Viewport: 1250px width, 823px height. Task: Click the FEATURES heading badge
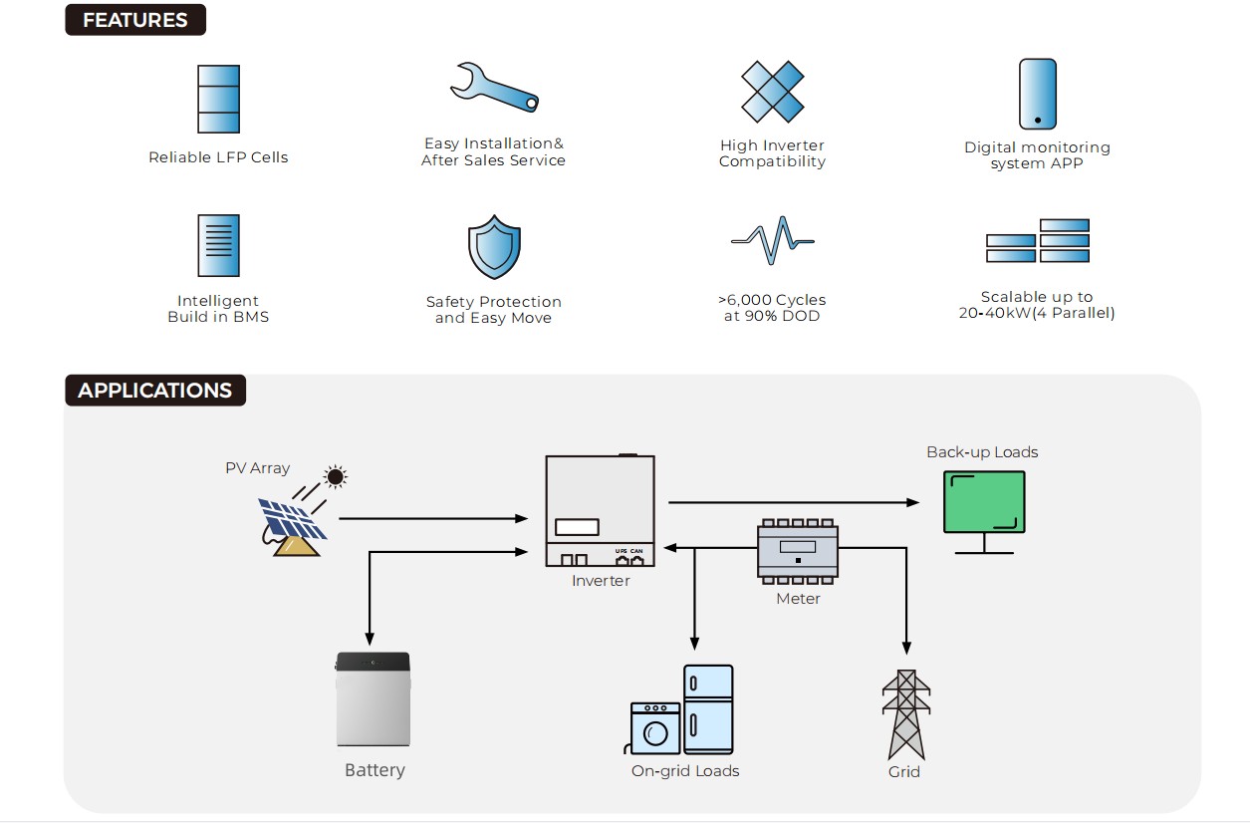pyautogui.click(x=135, y=20)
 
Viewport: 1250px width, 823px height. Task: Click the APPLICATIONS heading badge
pyautogui.click(x=154, y=391)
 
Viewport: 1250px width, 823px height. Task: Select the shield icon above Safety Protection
pyautogui.click(x=494, y=246)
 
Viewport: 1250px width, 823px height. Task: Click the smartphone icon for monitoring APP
pyautogui.click(x=1037, y=94)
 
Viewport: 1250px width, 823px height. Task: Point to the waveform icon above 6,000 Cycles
pyautogui.click(x=772, y=240)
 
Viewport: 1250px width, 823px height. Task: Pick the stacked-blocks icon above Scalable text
pyautogui.click(x=1038, y=241)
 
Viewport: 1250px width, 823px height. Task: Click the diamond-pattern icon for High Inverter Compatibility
pyautogui.click(x=772, y=92)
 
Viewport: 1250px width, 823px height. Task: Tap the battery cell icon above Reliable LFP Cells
pyautogui.click(x=218, y=99)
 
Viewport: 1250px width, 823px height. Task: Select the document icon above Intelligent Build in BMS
pyautogui.click(x=218, y=245)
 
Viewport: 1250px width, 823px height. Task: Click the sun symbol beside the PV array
pyautogui.click(x=336, y=477)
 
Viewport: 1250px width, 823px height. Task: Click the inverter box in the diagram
pyautogui.click(x=600, y=511)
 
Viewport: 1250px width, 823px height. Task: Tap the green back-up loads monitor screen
pyautogui.click(x=984, y=504)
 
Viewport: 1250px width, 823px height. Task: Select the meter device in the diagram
pyautogui.click(x=798, y=550)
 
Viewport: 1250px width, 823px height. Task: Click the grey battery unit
pyautogui.click(x=374, y=699)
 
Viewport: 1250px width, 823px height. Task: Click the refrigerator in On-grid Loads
pyautogui.click(x=708, y=709)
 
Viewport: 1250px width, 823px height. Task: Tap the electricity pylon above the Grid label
pyautogui.click(x=905, y=714)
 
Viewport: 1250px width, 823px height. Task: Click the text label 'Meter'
pyautogui.click(x=798, y=599)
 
